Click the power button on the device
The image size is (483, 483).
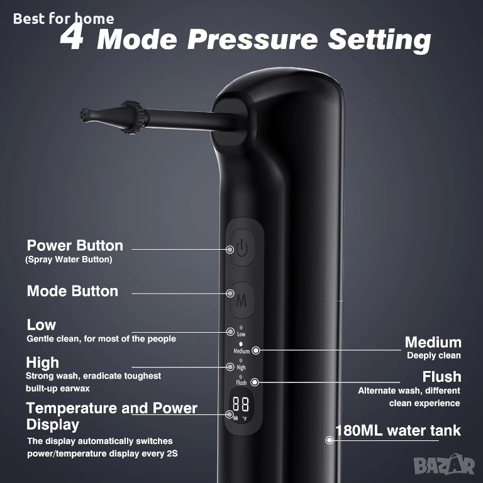[x=243, y=248]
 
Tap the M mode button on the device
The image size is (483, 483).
[x=242, y=300]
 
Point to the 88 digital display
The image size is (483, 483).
[x=241, y=404]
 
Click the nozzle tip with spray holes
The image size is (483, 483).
[x=86, y=114]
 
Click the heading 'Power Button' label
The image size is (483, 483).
[x=75, y=245]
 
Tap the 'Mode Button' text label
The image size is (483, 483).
[x=72, y=291]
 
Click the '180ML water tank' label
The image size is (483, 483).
[x=398, y=430]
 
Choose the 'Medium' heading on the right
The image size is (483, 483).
[x=433, y=342]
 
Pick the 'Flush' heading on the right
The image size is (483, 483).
[x=441, y=377]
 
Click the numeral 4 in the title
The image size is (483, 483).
[x=72, y=38]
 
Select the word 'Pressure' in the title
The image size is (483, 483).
[x=253, y=39]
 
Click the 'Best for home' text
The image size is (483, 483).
[x=64, y=19]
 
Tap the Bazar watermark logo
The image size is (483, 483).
[x=444, y=465]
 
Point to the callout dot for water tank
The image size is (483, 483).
[x=330, y=440]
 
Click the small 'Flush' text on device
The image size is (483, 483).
[x=241, y=382]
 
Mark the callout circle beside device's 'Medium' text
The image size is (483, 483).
[x=256, y=350]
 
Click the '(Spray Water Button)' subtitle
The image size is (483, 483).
[x=69, y=260]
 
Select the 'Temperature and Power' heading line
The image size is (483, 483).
[x=111, y=408]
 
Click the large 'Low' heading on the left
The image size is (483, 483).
[x=42, y=325]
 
